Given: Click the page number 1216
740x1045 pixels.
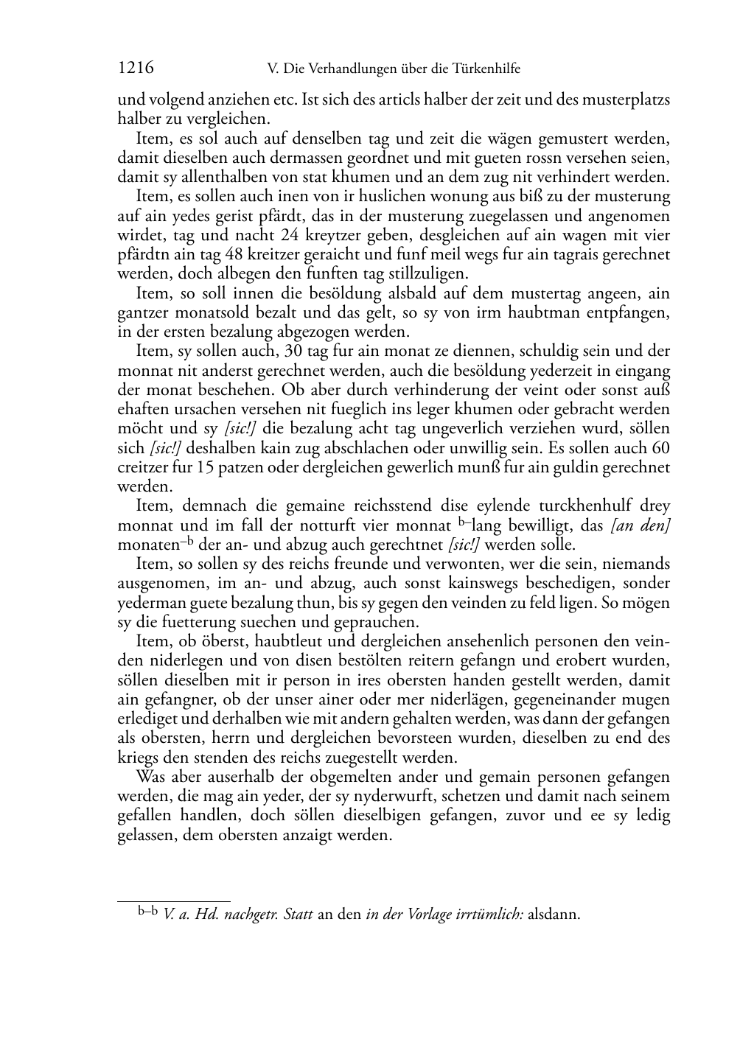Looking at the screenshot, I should point(136,69).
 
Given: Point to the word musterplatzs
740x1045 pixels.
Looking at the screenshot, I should point(632,100).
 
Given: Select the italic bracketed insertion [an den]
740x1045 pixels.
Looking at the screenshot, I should point(641,525).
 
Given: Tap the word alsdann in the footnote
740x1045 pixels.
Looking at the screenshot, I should point(555,915).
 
